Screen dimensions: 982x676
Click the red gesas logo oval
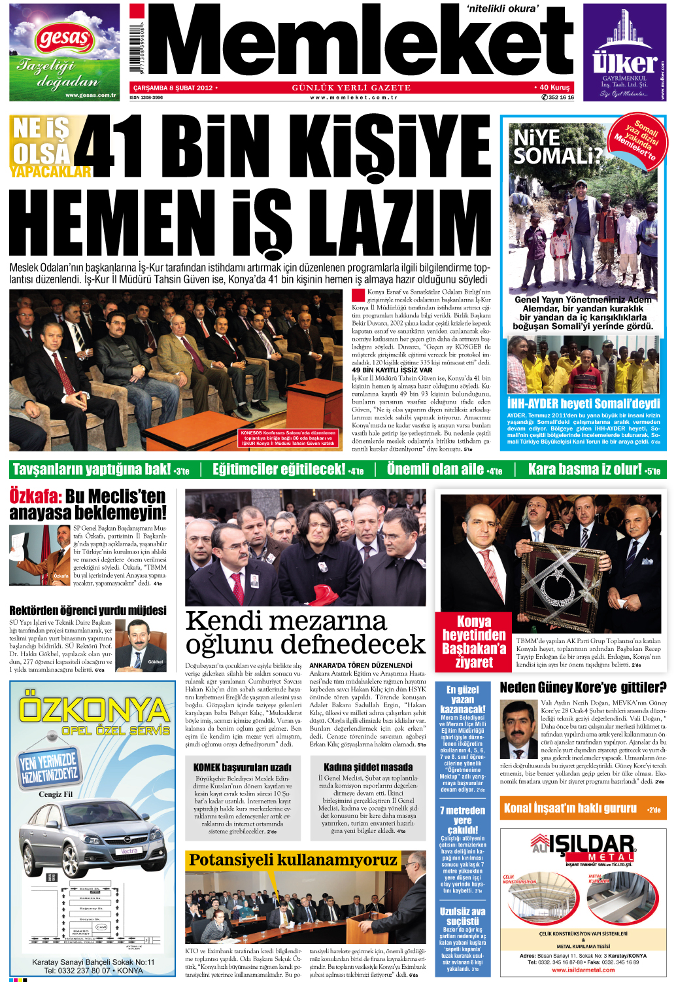[64, 38]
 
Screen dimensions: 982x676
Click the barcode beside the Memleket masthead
[137, 47]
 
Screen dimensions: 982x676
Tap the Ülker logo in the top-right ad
[624, 63]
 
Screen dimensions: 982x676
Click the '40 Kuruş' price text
[554, 87]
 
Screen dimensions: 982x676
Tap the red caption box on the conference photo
[288, 438]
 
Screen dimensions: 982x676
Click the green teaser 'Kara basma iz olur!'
[593, 469]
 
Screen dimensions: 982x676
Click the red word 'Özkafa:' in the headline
[35, 496]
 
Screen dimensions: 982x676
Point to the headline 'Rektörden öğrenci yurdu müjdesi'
[88, 610]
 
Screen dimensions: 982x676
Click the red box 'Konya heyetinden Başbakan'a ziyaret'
[473, 641]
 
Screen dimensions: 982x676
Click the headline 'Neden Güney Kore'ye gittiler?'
[583, 687]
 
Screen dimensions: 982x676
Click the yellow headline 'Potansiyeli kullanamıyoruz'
[293, 860]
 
